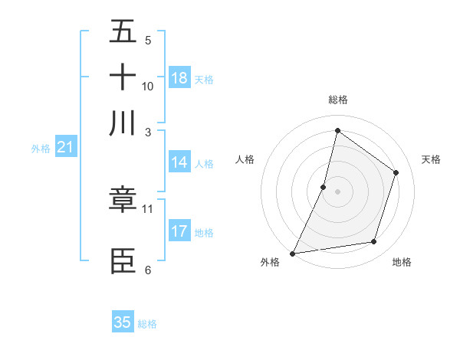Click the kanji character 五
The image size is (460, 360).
123,32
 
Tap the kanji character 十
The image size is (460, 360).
123,77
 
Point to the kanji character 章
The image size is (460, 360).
123,201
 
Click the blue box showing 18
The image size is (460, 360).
179,78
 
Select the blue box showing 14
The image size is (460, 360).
179,162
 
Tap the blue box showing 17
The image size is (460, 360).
179,231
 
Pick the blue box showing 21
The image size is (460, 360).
65,148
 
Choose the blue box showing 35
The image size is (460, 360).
123,322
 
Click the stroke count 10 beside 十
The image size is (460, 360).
148,87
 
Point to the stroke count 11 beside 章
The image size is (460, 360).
148,208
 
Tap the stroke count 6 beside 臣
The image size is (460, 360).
148,270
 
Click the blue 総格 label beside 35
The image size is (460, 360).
147,324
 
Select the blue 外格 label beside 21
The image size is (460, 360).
41,149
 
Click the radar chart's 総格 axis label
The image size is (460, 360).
337,100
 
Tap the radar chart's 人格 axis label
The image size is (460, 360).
245,159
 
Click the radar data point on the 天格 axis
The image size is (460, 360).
396,172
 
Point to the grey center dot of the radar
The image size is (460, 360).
337,191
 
